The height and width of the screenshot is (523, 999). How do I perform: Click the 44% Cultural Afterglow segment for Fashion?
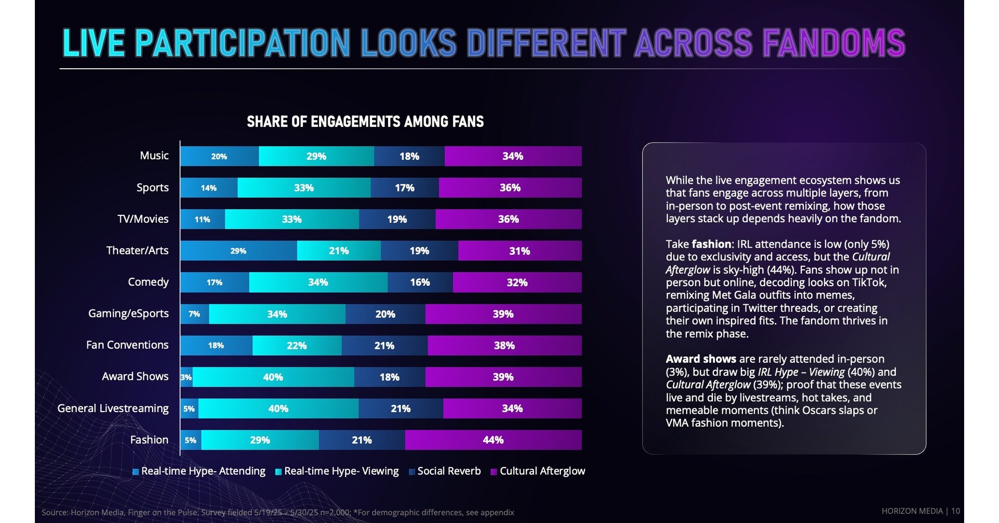[x=493, y=440]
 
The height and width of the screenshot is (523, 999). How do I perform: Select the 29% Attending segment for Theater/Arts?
[x=238, y=251]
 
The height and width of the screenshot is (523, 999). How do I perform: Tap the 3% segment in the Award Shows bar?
[x=186, y=377]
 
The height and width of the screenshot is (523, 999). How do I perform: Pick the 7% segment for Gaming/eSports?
[x=194, y=314]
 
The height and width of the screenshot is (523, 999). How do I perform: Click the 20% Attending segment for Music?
[x=219, y=156]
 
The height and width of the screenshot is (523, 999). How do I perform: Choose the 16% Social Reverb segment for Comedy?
[x=420, y=283]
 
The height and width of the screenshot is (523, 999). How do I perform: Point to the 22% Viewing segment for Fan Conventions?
[x=297, y=346]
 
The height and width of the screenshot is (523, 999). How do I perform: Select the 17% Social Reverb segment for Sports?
[x=404, y=188]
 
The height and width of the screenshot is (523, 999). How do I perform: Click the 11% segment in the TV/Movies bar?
[x=202, y=220]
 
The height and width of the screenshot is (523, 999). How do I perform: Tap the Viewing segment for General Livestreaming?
[x=278, y=409]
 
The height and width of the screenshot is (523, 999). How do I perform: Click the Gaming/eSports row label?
[x=128, y=314]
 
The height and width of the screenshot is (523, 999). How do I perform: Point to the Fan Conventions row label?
[x=127, y=345]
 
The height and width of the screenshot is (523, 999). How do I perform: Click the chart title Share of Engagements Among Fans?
[x=365, y=122]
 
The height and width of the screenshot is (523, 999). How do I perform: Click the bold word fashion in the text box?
[x=711, y=244]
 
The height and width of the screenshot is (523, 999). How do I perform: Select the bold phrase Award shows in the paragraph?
[x=701, y=359]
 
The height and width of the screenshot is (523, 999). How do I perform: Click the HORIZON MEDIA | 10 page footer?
[x=920, y=511]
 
